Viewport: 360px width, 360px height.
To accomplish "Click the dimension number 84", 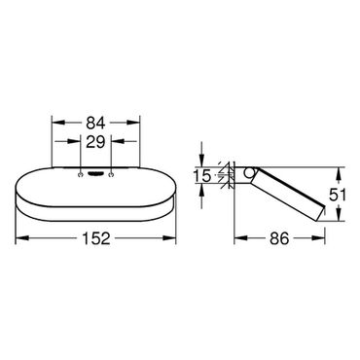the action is coord(95,123).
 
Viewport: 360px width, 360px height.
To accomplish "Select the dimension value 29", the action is coord(95,142).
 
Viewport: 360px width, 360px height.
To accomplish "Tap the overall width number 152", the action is coord(96,238).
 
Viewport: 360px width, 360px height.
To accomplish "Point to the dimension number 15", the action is coord(202,175).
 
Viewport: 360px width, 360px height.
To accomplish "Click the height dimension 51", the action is coord(338,195).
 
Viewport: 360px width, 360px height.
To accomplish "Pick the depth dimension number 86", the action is coord(279,238).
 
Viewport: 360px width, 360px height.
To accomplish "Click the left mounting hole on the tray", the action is coord(80,175).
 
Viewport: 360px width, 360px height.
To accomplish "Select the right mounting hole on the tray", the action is coord(112,175).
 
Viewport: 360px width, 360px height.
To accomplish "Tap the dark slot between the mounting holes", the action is coord(96,175).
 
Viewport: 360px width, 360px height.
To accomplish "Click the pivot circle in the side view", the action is coord(249,172).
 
